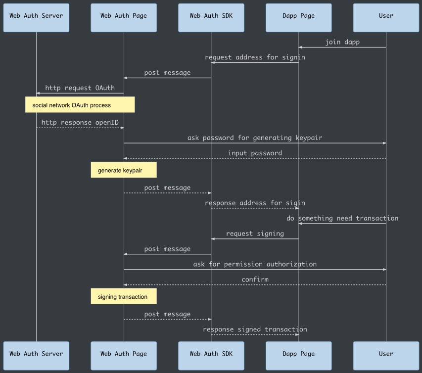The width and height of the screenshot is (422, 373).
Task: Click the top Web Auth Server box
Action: pos(36,18)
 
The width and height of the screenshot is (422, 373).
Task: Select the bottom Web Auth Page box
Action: pos(124,356)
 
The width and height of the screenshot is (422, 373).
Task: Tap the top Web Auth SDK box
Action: pos(211,18)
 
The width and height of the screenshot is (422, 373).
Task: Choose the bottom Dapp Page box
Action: pos(298,356)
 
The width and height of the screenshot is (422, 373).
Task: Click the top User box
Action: pos(386,18)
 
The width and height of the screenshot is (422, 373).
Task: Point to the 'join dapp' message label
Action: pos(342,42)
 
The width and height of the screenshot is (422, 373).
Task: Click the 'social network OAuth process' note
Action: pos(80,105)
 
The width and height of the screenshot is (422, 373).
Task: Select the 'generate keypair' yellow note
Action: pos(124,170)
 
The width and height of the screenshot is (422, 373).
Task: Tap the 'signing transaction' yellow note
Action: pos(124,296)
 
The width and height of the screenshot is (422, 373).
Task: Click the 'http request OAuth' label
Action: pos(80,88)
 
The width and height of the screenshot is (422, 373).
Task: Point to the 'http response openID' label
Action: pos(80,123)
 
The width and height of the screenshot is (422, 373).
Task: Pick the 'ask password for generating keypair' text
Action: pos(255,138)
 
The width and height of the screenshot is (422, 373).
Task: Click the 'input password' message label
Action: pos(255,153)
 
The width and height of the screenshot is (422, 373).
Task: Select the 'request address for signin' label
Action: pos(255,57)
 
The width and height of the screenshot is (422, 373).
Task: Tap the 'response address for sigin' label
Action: pos(255,203)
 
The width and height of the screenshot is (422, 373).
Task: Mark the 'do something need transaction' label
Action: pos(342,218)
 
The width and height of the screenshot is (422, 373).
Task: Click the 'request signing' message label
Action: pos(255,233)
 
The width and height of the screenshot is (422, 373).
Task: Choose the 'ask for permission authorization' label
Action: pos(255,264)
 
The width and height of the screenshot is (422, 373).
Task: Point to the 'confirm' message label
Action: pos(255,280)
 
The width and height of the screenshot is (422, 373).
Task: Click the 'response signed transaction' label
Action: pos(255,329)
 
